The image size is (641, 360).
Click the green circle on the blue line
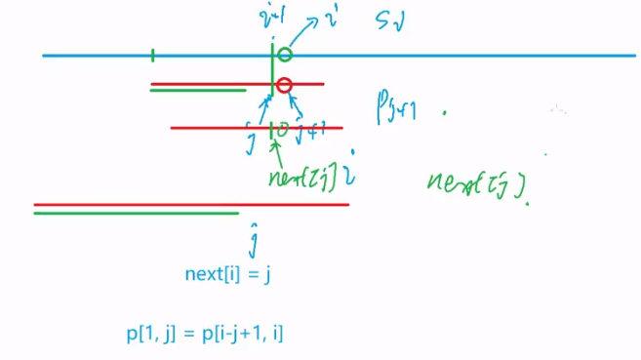284,55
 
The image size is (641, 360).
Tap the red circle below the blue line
284,85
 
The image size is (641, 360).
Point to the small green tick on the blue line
153,56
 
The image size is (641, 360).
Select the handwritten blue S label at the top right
386,23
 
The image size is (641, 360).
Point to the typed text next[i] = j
226,274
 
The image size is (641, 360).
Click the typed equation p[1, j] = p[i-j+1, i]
205,334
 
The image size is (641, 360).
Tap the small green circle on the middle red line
283,128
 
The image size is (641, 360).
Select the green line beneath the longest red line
136,213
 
